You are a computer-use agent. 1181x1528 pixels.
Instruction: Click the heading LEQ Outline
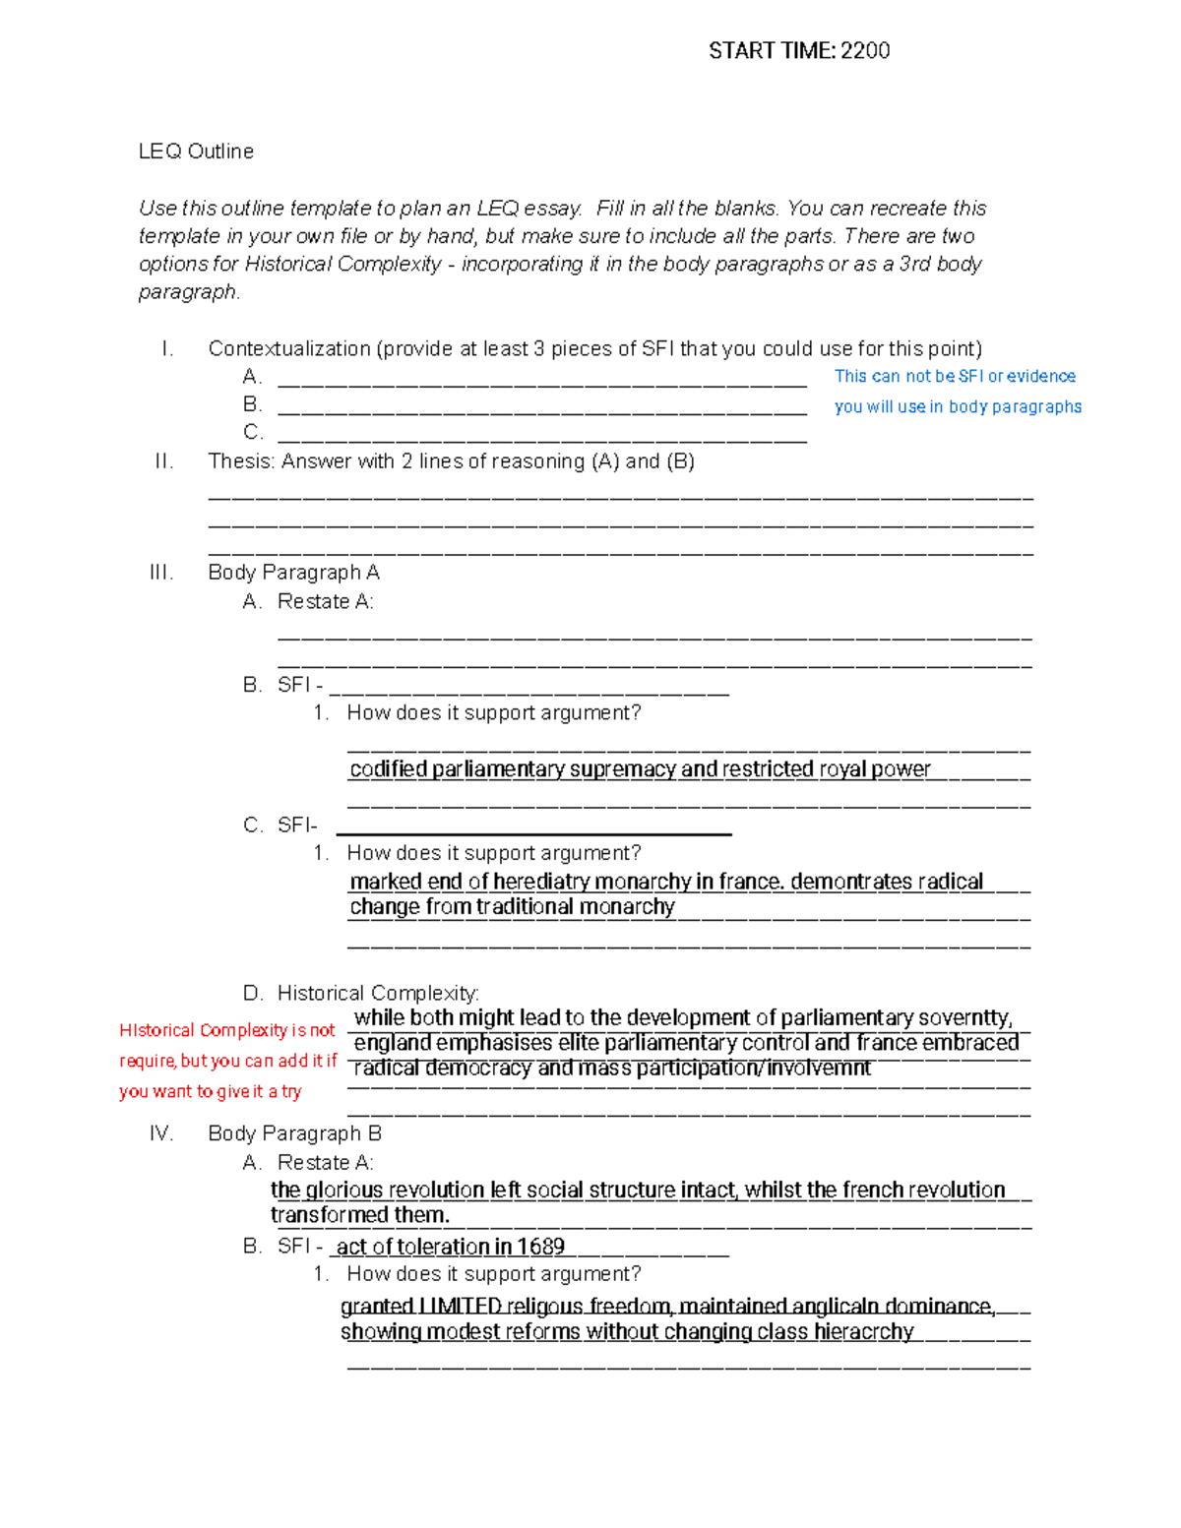(x=196, y=152)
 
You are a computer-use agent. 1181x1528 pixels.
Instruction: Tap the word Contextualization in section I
(x=288, y=349)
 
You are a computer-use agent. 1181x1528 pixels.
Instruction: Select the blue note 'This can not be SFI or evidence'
(x=954, y=377)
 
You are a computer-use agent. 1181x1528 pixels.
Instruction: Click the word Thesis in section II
(x=241, y=461)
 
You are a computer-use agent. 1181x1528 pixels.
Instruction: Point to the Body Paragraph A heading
(x=293, y=573)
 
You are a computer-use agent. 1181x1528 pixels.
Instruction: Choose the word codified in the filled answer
(x=388, y=769)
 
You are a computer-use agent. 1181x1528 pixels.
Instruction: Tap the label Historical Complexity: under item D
(x=378, y=994)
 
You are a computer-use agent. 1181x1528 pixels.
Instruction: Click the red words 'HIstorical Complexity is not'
(x=227, y=1031)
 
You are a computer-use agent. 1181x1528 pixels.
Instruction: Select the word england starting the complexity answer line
(x=393, y=1043)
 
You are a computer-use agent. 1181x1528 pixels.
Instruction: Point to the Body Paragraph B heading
(x=294, y=1134)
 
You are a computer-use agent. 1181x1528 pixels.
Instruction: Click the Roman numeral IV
(x=161, y=1134)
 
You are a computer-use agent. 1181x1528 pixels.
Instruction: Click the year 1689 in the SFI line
(x=540, y=1248)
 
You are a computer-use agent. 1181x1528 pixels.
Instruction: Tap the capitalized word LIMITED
(x=460, y=1307)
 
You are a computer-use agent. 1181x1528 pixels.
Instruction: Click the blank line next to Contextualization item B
(x=541, y=405)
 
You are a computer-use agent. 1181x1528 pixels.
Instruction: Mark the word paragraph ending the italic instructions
(x=187, y=292)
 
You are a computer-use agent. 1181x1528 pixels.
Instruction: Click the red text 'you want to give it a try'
(x=211, y=1092)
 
